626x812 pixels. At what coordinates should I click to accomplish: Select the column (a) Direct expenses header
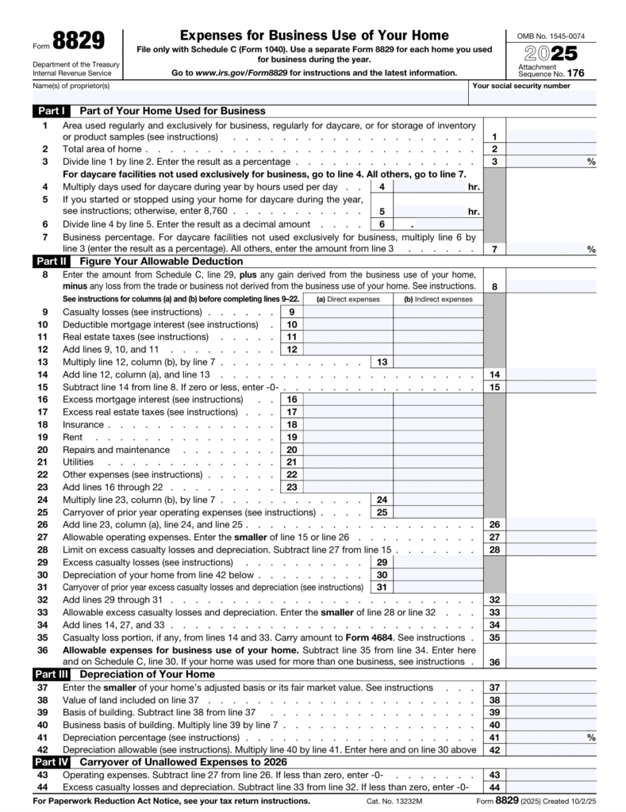348,300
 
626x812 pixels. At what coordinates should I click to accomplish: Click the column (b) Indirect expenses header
438,300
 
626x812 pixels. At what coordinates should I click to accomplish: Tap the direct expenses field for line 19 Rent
348,437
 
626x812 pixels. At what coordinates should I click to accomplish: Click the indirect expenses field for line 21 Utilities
438,462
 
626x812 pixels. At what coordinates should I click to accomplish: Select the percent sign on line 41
590,737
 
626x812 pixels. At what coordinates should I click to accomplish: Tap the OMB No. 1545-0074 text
550,36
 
